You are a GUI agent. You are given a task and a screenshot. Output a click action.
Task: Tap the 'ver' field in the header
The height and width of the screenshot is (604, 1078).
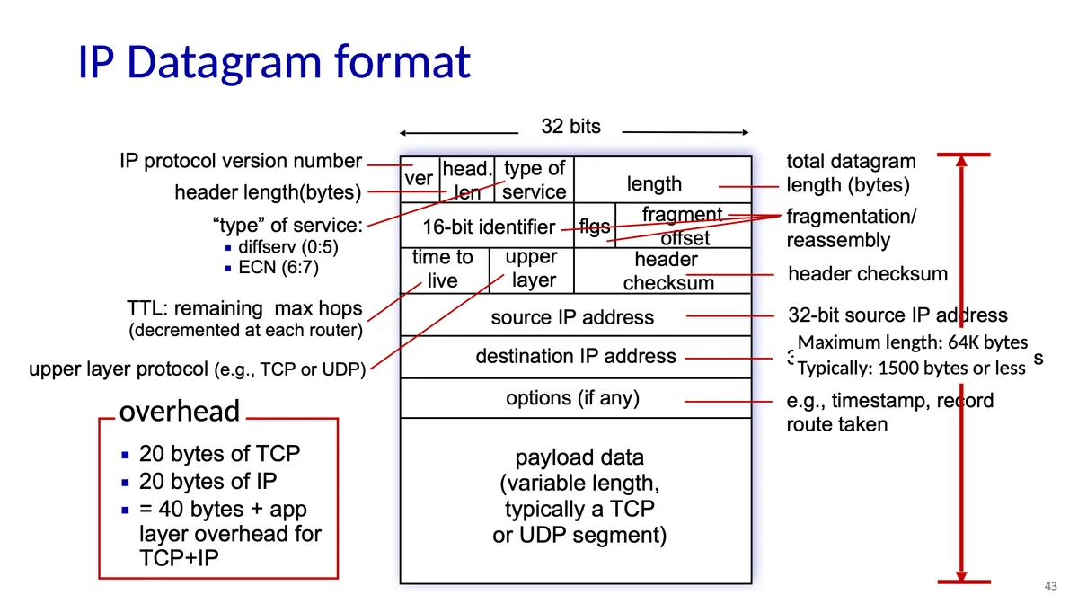click(x=419, y=179)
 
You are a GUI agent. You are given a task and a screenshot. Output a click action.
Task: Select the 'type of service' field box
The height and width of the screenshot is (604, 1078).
click(x=535, y=180)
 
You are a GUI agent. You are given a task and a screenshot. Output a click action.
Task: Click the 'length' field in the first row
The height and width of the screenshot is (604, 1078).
click(x=654, y=184)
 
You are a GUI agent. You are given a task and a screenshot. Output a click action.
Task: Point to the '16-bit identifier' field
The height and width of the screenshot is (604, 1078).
click(x=489, y=227)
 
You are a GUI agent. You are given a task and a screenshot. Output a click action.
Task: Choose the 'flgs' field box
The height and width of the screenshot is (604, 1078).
click(x=595, y=226)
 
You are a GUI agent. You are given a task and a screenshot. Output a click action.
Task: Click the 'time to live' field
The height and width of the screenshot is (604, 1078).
click(x=443, y=270)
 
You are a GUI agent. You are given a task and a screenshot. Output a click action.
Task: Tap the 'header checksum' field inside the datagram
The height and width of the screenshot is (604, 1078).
click(x=667, y=271)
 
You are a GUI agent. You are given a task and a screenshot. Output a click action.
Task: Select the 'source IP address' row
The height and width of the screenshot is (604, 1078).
click(x=572, y=316)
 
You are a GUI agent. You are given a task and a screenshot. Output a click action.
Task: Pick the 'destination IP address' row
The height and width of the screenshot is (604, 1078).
click(x=575, y=356)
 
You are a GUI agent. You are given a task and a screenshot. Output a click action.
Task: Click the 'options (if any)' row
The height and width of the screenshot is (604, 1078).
click(x=572, y=398)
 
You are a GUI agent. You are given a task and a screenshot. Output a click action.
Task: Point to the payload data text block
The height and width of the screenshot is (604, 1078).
click(x=579, y=497)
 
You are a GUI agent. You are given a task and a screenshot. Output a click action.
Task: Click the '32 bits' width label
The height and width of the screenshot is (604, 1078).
click(x=571, y=127)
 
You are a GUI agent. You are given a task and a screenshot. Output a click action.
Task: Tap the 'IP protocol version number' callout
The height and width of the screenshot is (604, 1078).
click(x=240, y=162)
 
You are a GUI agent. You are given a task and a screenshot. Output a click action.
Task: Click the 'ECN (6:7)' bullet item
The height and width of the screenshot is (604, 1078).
click(x=278, y=267)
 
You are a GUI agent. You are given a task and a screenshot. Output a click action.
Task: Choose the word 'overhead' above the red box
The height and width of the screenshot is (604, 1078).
click(x=180, y=412)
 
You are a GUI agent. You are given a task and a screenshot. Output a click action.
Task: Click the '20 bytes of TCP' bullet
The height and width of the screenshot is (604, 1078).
click(x=219, y=454)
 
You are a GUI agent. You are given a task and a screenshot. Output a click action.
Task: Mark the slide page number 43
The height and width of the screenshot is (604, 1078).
click(x=1050, y=586)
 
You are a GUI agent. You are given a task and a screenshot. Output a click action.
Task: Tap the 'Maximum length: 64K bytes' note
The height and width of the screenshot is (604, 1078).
click(x=912, y=342)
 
